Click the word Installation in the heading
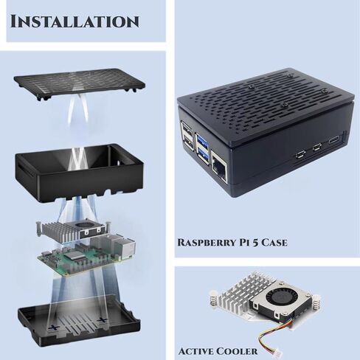click(x=75, y=20)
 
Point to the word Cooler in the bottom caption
click(x=238, y=350)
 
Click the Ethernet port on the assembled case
click(x=221, y=165)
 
